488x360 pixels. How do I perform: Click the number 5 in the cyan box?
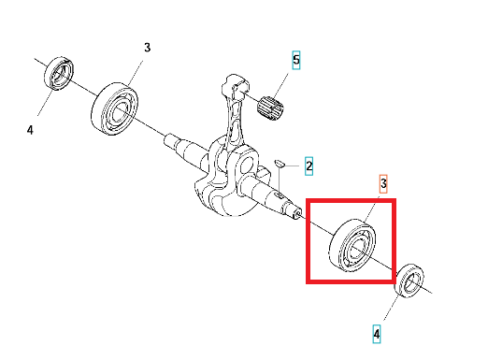tap(296, 60)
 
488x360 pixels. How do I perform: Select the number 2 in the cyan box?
tap(309, 166)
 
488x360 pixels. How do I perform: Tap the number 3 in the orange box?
tap(383, 183)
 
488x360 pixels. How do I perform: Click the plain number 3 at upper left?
tap(147, 48)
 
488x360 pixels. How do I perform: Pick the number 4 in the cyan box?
tap(377, 334)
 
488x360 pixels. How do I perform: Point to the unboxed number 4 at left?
tap(30, 130)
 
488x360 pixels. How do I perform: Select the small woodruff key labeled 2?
tap(279, 164)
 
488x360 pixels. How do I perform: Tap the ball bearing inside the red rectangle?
tap(352, 245)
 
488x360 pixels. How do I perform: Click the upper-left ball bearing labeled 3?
tap(115, 108)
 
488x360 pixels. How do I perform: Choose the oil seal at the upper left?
tap(59, 73)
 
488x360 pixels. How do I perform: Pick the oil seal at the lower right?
tap(409, 281)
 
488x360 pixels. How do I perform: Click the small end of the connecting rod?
tap(235, 84)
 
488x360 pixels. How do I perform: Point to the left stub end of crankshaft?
tap(171, 139)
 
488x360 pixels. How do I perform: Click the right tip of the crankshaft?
tap(298, 214)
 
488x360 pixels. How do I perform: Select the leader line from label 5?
tap(280, 85)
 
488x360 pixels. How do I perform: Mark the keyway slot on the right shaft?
tap(280, 195)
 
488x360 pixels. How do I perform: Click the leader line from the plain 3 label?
tap(136, 72)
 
